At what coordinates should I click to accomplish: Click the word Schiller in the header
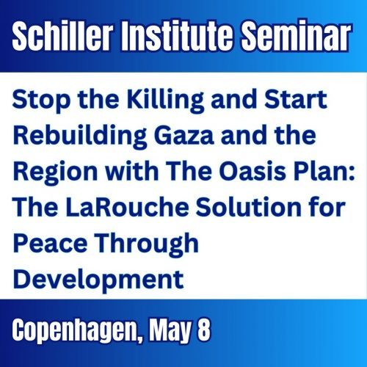[62, 36]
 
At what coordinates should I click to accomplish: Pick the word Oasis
[252, 171]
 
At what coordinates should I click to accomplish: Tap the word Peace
[50, 243]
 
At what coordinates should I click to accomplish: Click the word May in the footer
[170, 330]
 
